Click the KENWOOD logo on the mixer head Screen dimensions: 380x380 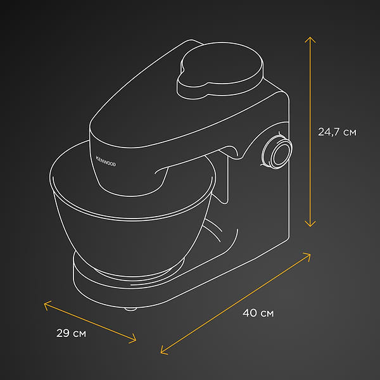106,161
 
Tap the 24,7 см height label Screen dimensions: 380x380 337,132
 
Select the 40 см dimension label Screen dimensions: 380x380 258,313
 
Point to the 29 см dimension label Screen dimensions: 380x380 71,333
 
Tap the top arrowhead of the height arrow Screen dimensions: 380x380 310,39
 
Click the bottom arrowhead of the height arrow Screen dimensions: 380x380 310,224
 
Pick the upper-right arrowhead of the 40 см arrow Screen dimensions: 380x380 307,256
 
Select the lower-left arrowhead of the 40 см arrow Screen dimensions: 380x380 164,351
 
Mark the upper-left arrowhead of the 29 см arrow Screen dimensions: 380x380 47,304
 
